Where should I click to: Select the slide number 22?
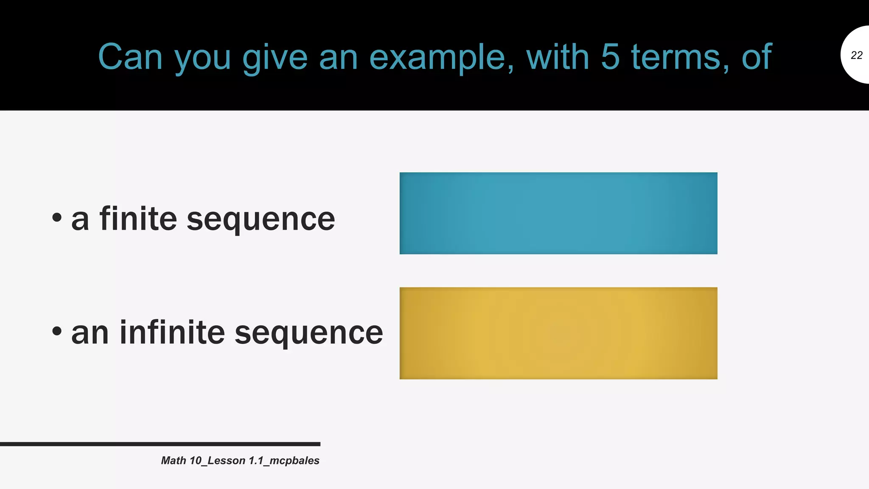(x=856, y=55)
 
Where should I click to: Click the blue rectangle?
(x=558, y=213)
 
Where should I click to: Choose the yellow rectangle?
(x=558, y=333)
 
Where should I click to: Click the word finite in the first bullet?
(x=138, y=219)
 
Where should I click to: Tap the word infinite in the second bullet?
(x=172, y=332)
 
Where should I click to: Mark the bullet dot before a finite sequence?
(x=57, y=218)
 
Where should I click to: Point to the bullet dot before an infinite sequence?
(x=57, y=331)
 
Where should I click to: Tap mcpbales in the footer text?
(x=294, y=461)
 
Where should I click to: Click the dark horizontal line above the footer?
(x=160, y=444)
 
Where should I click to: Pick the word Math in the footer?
(x=174, y=461)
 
